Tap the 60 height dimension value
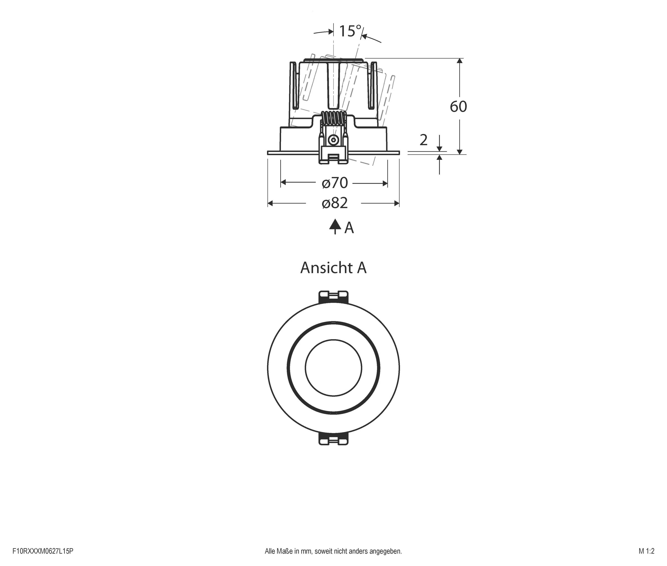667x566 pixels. pos(458,106)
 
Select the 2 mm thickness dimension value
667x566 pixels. pos(423,140)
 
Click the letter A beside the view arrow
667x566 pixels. pos(349,228)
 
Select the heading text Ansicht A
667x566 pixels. pos(333,268)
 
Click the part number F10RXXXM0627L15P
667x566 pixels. pos(43,551)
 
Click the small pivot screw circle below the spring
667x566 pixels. pos(333,140)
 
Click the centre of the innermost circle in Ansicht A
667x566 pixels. pos(333,367)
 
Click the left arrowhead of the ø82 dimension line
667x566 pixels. pos(271,203)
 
